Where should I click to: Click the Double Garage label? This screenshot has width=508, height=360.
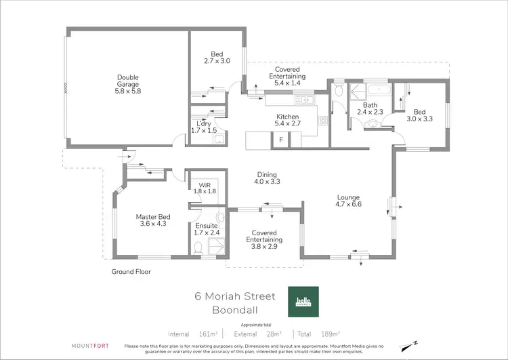tap(127, 84)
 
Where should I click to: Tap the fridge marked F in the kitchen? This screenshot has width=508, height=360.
tap(280, 140)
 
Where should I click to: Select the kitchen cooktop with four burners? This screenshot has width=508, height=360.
tap(323, 121)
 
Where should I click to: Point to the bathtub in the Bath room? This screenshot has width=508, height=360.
tap(379, 89)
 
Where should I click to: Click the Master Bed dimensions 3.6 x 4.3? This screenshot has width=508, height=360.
tap(152, 223)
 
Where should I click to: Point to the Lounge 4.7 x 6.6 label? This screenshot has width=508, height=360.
tap(349, 202)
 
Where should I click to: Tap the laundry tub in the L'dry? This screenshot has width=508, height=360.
tap(219, 140)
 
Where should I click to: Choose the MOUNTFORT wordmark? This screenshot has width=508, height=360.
tap(85, 346)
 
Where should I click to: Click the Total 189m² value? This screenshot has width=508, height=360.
tap(319, 334)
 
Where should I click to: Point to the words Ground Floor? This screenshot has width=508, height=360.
tap(131, 272)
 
